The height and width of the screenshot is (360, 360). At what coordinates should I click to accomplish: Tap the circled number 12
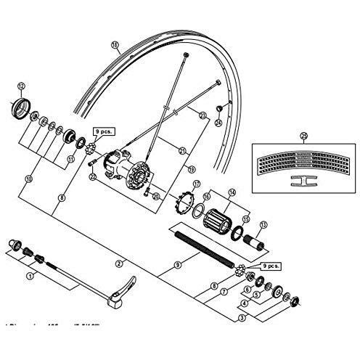21,86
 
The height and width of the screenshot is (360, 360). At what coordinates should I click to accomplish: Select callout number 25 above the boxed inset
303,134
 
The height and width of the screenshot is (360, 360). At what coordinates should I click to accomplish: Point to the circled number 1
30,276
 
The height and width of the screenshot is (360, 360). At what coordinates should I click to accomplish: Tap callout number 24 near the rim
217,123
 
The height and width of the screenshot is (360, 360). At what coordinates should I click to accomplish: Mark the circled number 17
195,185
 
